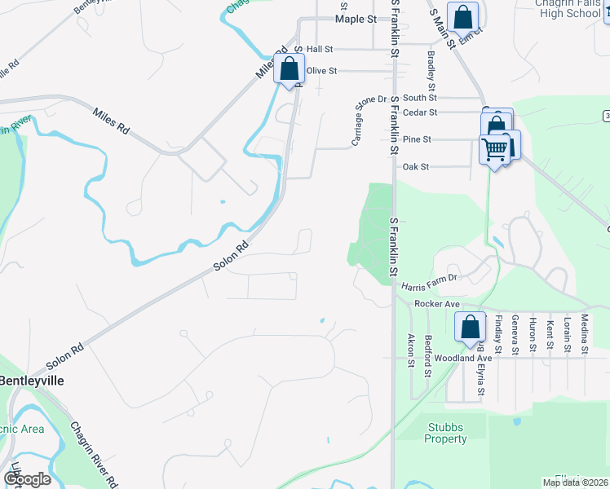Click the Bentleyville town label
[x=31, y=381]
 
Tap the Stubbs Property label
[x=445, y=433]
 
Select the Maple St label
[x=356, y=18]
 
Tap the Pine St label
[x=416, y=139]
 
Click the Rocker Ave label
[x=438, y=304]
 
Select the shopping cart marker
[x=494, y=149]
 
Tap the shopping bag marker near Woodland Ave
[x=471, y=327]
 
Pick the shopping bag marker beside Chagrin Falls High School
[x=462, y=15]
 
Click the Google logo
[x=27, y=479]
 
